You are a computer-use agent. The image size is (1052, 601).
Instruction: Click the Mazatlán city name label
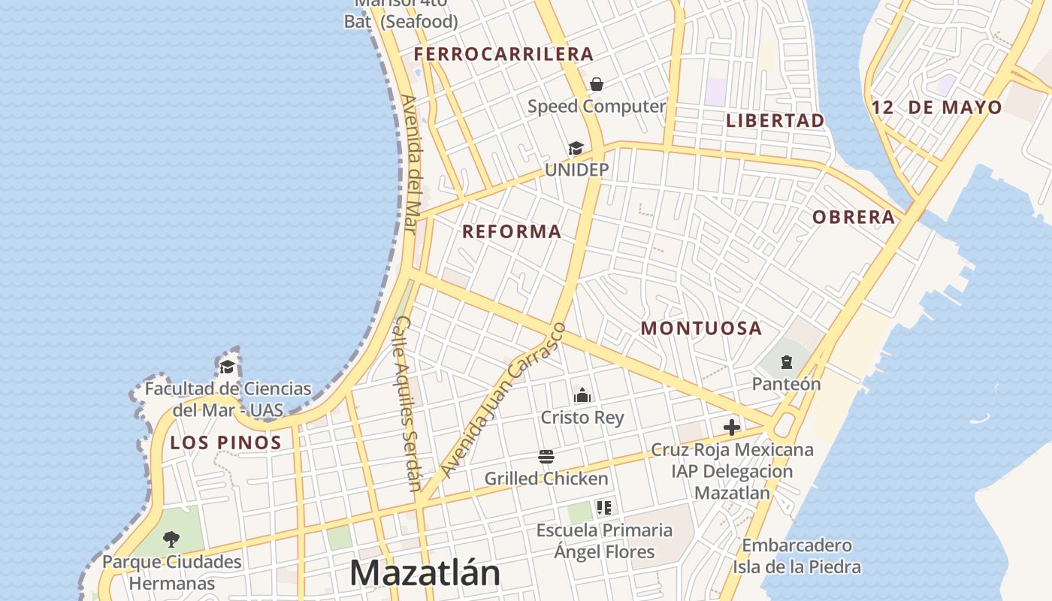tap(425, 572)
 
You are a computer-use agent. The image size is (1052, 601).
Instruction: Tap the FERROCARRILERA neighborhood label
tap(503, 54)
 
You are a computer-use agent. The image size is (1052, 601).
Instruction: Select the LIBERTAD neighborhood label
tap(775, 120)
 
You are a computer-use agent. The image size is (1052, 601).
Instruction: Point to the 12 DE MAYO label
tap(936, 107)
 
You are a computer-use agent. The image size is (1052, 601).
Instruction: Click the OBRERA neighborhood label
tap(854, 217)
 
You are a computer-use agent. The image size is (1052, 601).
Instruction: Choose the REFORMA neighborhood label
tap(512, 231)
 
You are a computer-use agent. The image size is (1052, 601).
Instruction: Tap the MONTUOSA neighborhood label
tap(701, 328)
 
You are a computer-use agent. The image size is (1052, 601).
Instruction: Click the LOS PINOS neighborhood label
tap(225, 442)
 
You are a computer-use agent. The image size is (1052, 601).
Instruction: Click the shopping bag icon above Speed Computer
tap(597, 83)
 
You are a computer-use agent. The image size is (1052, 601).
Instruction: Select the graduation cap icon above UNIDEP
tap(576, 148)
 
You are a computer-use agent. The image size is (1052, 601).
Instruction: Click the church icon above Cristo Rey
tap(582, 395)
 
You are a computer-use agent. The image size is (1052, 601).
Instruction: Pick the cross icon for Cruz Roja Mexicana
tap(732, 428)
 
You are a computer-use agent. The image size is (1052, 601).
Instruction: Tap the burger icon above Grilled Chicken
tap(546, 457)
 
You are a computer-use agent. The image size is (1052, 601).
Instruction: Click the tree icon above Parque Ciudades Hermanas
tap(171, 539)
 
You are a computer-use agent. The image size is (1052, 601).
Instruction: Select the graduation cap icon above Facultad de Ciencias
tap(227, 367)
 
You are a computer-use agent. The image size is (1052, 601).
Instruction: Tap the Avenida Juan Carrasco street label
tap(502, 400)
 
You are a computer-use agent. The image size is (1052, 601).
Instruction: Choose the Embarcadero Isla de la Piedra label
tap(797, 556)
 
